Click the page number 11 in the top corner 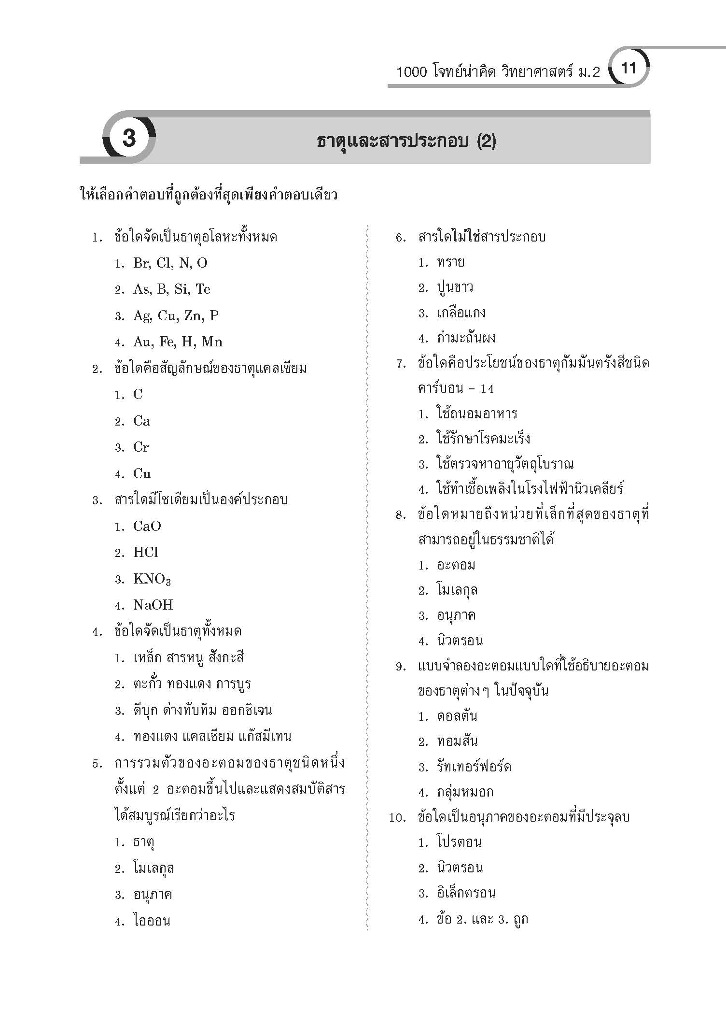click(628, 68)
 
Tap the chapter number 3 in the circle click(129, 139)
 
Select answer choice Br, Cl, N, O click(170, 263)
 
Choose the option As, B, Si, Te click(171, 289)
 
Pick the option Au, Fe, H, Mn click(178, 342)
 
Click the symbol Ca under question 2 click(141, 421)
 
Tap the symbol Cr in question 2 click(141, 447)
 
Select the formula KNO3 click(152, 579)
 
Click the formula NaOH click(153, 605)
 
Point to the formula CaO click(147, 527)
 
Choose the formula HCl click(145, 553)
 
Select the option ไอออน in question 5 click(152, 921)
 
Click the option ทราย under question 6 click(450, 262)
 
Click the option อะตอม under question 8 click(456, 565)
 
